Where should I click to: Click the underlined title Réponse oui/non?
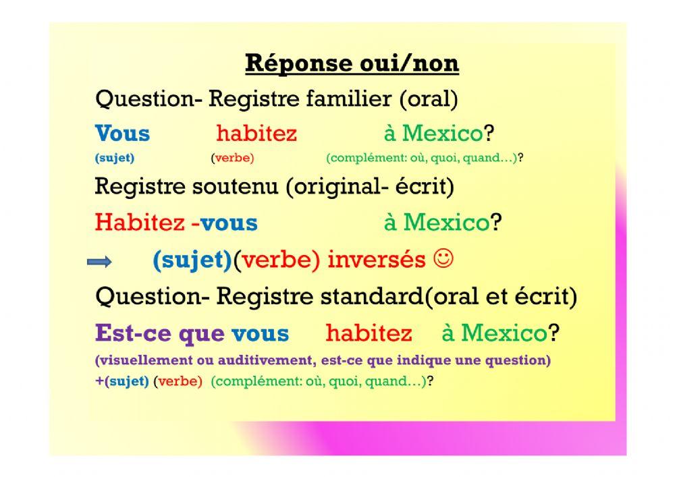pyautogui.click(x=351, y=63)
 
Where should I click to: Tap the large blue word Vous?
pyautogui.click(x=122, y=133)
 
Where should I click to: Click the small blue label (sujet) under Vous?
pyautogui.click(x=114, y=159)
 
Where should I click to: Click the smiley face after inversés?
pyautogui.click(x=443, y=259)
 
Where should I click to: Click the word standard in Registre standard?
pyautogui.click(x=374, y=296)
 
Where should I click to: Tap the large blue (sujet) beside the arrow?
pyautogui.click(x=192, y=260)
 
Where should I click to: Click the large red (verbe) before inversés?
pyautogui.click(x=277, y=260)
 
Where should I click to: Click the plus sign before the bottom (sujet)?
pyautogui.click(x=99, y=381)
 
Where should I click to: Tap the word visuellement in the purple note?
pyautogui.click(x=143, y=360)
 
